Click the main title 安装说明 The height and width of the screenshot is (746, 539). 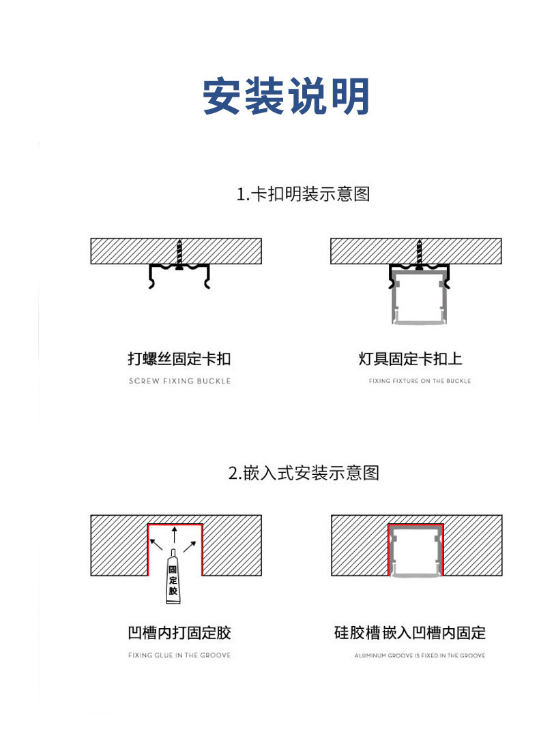[x=286, y=97]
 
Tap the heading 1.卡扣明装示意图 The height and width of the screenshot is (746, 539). [x=303, y=194]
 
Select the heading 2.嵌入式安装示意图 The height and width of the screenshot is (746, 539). [x=303, y=472]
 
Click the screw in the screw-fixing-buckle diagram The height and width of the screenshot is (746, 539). [x=179, y=255]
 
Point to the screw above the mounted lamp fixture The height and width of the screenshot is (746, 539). [x=418, y=255]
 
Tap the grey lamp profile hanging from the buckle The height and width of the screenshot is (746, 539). [x=418, y=300]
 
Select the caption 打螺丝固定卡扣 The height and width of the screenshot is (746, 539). [x=179, y=358]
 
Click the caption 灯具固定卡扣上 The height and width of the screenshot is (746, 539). [x=420, y=358]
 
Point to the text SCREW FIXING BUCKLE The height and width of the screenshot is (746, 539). [x=179, y=381]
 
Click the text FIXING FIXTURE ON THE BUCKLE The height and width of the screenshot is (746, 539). [x=420, y=381]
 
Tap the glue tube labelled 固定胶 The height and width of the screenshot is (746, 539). [x=173, y=579]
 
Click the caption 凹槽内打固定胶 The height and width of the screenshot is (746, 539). [x=179, y=633]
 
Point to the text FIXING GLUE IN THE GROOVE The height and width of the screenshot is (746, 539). [x=179, y=655]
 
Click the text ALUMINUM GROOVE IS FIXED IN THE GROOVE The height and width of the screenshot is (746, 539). [x=420, y=655]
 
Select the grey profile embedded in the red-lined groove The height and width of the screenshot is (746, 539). [x=416, y=552]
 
